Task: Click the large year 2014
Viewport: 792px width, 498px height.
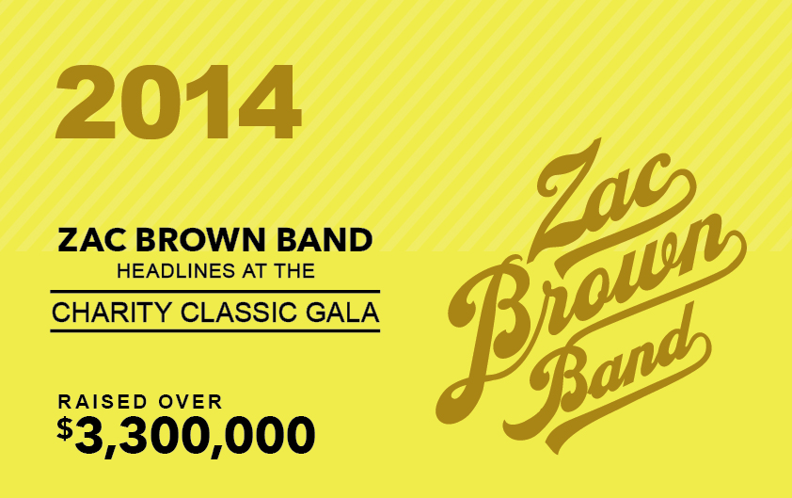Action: coord(179,101)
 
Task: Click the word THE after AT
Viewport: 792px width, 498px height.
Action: coord(294,271)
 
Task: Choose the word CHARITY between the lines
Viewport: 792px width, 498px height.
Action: coord(112,312)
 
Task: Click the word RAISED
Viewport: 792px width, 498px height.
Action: coord(103,402)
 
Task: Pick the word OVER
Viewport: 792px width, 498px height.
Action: coord(190,402)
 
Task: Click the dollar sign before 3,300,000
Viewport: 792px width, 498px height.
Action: coord(65,428)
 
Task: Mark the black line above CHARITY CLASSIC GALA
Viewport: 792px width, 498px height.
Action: coord(215,292)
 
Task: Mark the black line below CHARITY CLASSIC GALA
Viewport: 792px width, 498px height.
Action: coord(215,331)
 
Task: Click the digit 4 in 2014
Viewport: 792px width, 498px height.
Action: coord(269,101)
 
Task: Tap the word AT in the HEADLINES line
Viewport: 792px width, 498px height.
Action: coord(255,271)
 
